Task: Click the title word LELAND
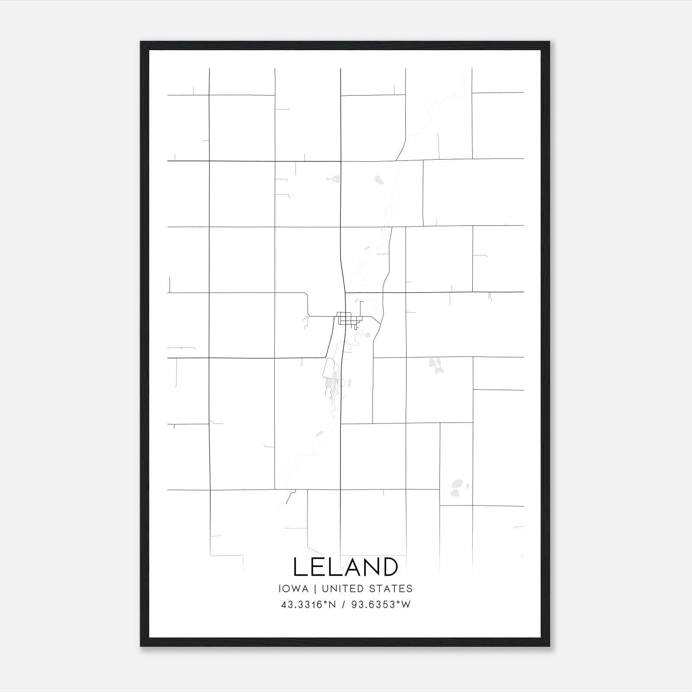click(x=346, y=567)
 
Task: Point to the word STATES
click(x=391, y=589)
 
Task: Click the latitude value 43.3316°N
click(x=308, y=605)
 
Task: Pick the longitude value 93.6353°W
click(x=381, y=605)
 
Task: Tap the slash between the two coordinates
click(x=343, y=605)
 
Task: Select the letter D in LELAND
click(x=388, y=567)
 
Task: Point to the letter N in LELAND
click(x=367, y=567)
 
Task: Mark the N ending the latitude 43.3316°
click(x=332, y=605)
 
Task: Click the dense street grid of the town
click(x=348, y=319)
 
